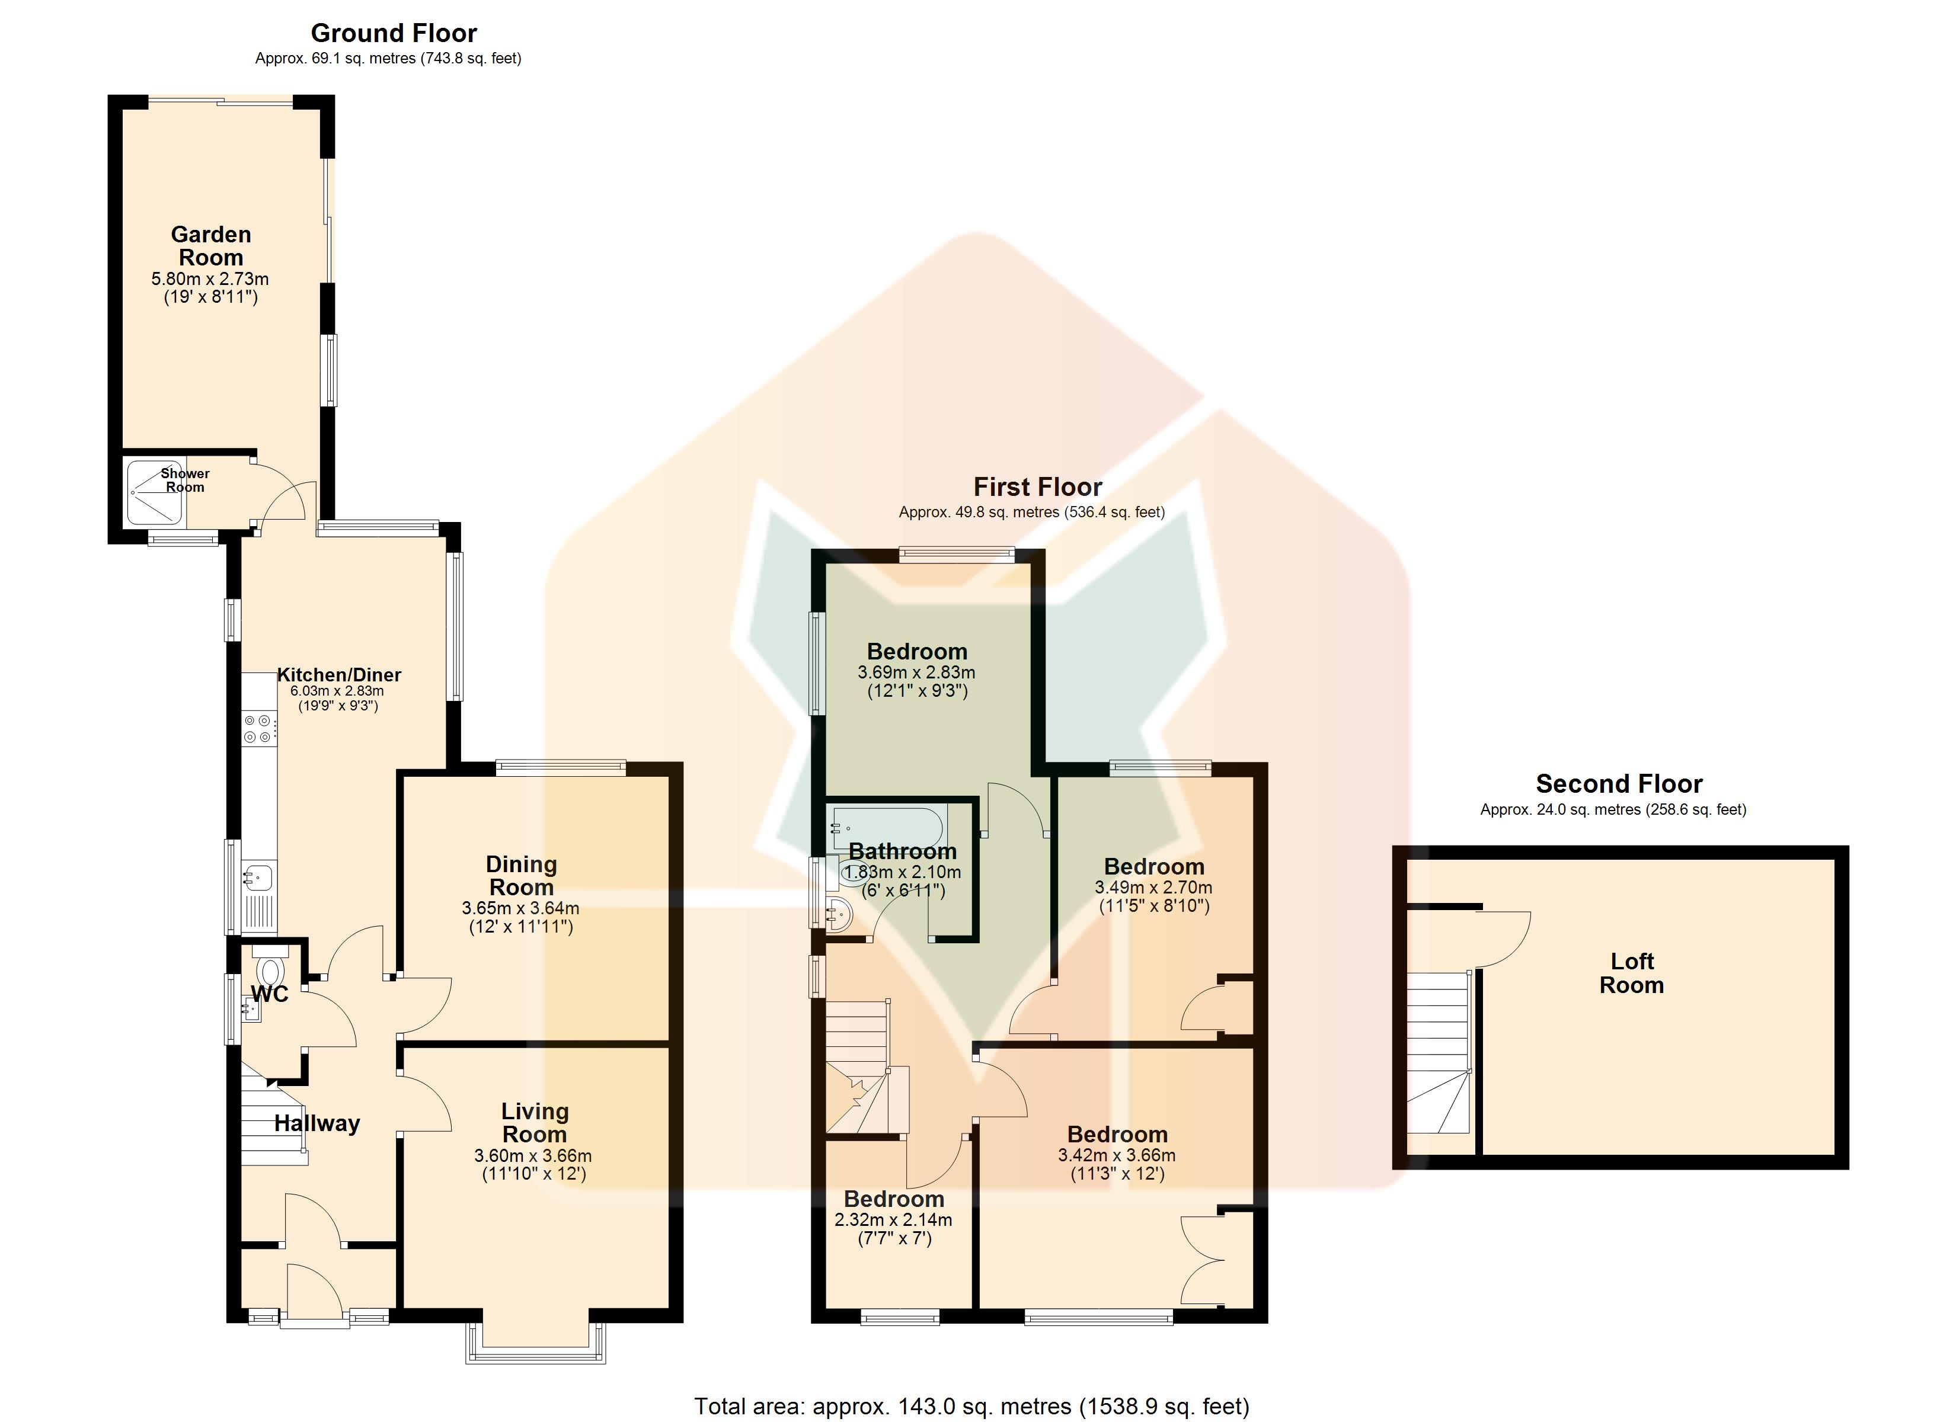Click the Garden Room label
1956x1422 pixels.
pyautogui.click(x=211, y=246)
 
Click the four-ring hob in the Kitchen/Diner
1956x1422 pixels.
pyautogui.click(x=260, y=729)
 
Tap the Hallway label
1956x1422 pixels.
pyautogui.click(x=317, y=1123)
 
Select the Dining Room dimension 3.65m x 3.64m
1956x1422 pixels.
pyautogui.click(x=521, y=908)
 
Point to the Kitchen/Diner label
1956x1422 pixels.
pyautogui.click(x=339, y=674)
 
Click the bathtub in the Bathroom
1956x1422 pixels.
pyautogui.click(x=888, y=827)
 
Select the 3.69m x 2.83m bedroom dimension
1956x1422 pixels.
pyautogui.click(x=917, y=672)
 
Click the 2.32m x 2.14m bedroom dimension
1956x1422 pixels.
pyautogui.click(x=893, y=1220)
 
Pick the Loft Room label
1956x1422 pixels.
pyautogui.click(x=1632, y=973)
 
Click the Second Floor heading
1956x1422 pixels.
pyautogui.click(x=1619, y=784)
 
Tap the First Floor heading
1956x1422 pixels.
pyautogui.click(x=1037, y=487)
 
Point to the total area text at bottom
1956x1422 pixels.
pyautogui.click(x=972, y=1407)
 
